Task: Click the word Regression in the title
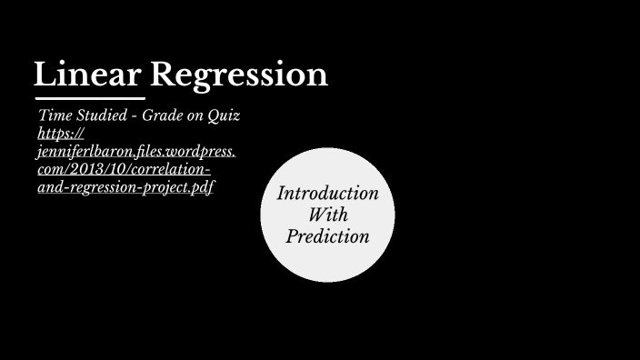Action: click(x=239, y=75)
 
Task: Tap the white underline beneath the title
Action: click(x=89, y=97)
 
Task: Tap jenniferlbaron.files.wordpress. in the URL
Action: click(x=136, y=152)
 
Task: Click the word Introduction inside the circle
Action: click(x=327, y=194)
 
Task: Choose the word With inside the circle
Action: click(x=327, y=215)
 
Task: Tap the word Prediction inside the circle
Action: click(x=327, y=236)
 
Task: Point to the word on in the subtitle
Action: click(x=197, y=116)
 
